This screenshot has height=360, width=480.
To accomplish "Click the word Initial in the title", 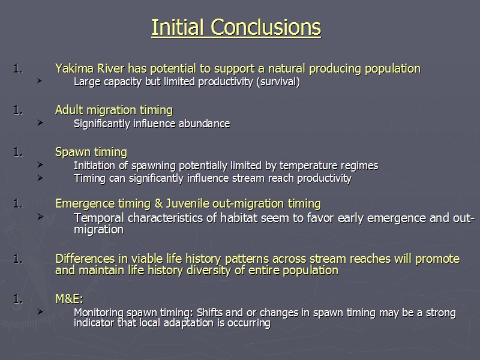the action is [x=178, y=27].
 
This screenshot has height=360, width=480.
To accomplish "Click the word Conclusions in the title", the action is [x=266, y=27].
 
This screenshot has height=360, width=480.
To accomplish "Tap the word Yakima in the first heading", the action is [x=74, y=68].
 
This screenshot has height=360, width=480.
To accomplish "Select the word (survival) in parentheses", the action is [x=278, y=82].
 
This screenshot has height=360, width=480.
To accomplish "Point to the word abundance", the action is [x=204, y=124].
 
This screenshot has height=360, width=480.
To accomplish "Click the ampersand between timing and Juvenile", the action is [x=159, y=204].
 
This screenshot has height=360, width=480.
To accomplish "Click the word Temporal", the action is [x=99, y=218].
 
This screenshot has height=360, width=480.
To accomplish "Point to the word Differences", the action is [x=85, y=259].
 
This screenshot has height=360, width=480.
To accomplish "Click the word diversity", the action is [x=208, y=271].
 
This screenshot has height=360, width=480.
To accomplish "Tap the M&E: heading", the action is [x=69, y=299].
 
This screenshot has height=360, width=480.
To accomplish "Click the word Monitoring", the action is [x=98, y=313].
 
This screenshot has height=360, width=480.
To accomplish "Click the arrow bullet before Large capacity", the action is [x=40, y=81].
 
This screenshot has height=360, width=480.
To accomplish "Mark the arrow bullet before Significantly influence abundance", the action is [x=40, y=123].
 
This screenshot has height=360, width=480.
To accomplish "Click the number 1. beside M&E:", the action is [x=18, y=299].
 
